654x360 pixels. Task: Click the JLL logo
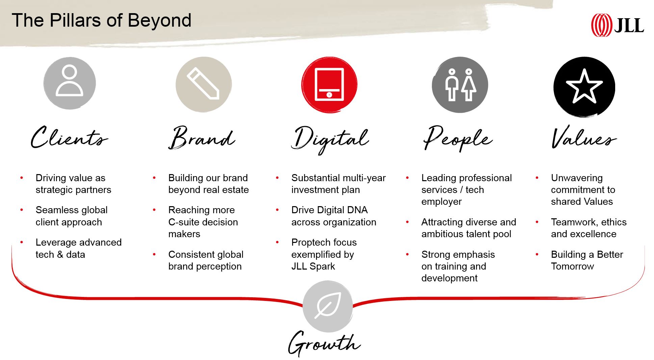617,25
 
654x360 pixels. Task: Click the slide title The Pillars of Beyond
101,20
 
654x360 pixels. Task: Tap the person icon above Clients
70,83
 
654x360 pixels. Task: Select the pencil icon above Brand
204,84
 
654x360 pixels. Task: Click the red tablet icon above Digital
329,84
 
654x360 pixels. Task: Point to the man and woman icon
460,84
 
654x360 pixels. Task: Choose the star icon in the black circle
584,87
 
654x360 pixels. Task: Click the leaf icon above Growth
328,305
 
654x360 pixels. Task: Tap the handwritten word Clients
69,138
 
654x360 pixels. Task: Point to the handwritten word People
457,138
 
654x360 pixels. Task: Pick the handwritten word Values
583,138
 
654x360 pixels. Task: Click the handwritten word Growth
324,343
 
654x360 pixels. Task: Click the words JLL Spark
313,266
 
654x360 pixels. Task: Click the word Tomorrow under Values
572,266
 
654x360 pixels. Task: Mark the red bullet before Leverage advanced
22,242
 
